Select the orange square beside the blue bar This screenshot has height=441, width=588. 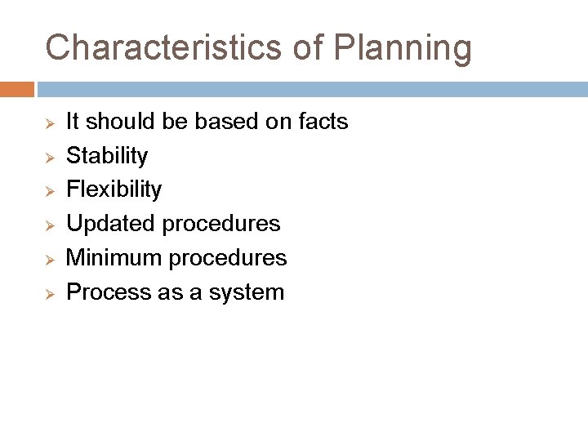(x=16, y=89)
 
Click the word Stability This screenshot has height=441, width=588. (x=107, y=156)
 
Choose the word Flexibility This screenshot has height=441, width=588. (x=114, y=189)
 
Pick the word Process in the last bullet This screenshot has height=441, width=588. (x=104, y=292)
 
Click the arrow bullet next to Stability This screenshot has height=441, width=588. (x=49, y=157)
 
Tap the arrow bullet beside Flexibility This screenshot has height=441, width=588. (x=49, y=190)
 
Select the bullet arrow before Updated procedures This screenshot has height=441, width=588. (x=49, y=225)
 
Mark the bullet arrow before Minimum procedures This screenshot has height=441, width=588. (x=49, y=259)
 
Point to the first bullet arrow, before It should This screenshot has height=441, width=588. (x=49, y=122)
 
